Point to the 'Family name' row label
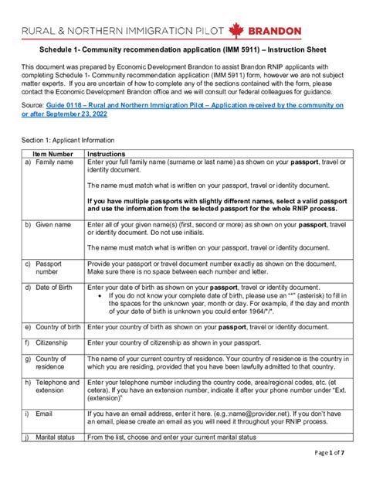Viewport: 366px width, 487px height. click(54, 163)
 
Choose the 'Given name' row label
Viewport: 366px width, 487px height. click(53, 224)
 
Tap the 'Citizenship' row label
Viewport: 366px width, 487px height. click(53, 342)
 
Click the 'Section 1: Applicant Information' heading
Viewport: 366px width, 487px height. click(68, 140)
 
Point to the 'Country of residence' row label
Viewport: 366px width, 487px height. click(51, 363)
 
